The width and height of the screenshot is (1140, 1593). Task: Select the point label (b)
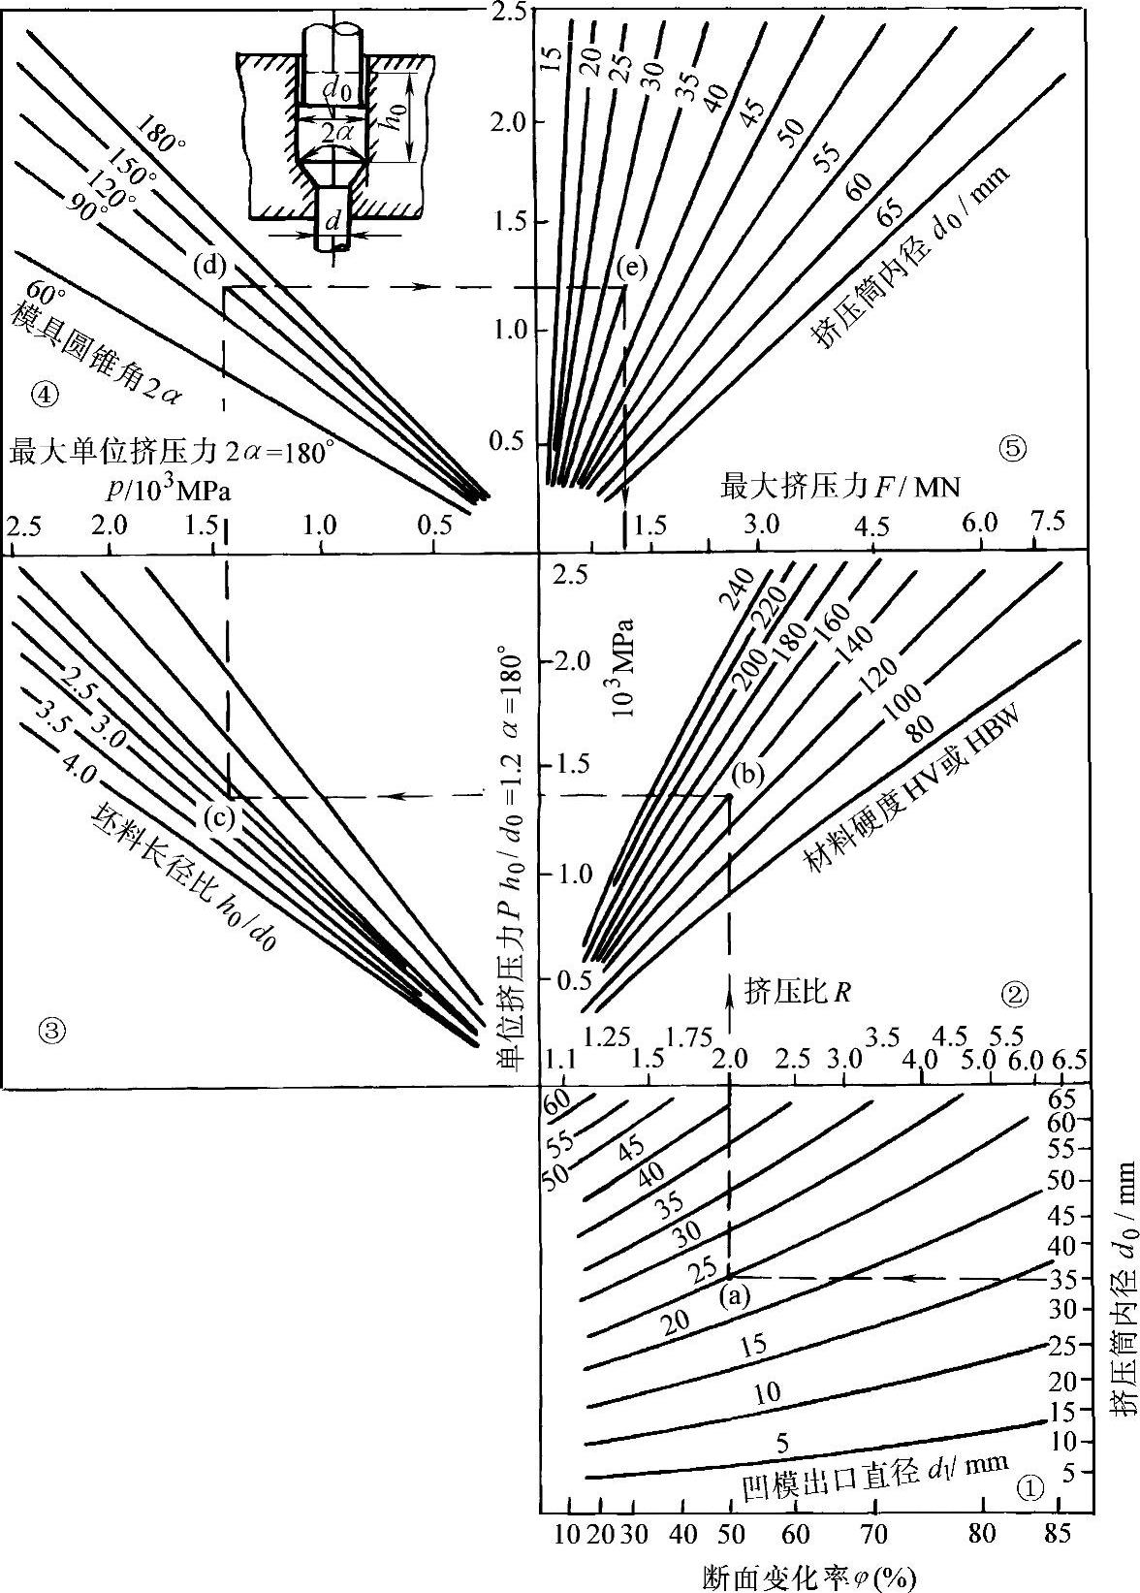coord(748,773)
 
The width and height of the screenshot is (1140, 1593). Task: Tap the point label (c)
coord(220,817)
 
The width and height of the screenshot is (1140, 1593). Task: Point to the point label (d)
coord(208,264)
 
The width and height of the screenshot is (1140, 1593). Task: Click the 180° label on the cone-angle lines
coord(161,135)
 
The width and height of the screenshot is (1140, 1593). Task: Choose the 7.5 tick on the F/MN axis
coord(1047,522)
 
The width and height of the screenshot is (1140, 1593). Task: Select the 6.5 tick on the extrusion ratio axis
coord(1068,1057)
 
